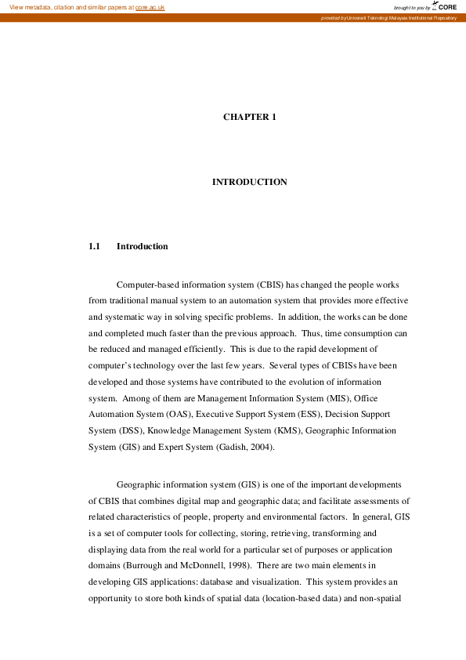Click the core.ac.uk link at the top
tap(150, 7)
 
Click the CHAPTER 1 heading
tap(250, 117)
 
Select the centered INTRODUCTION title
tap(250, 182)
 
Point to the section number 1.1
tap(95, 246)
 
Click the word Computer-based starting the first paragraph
tap(151, 285)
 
